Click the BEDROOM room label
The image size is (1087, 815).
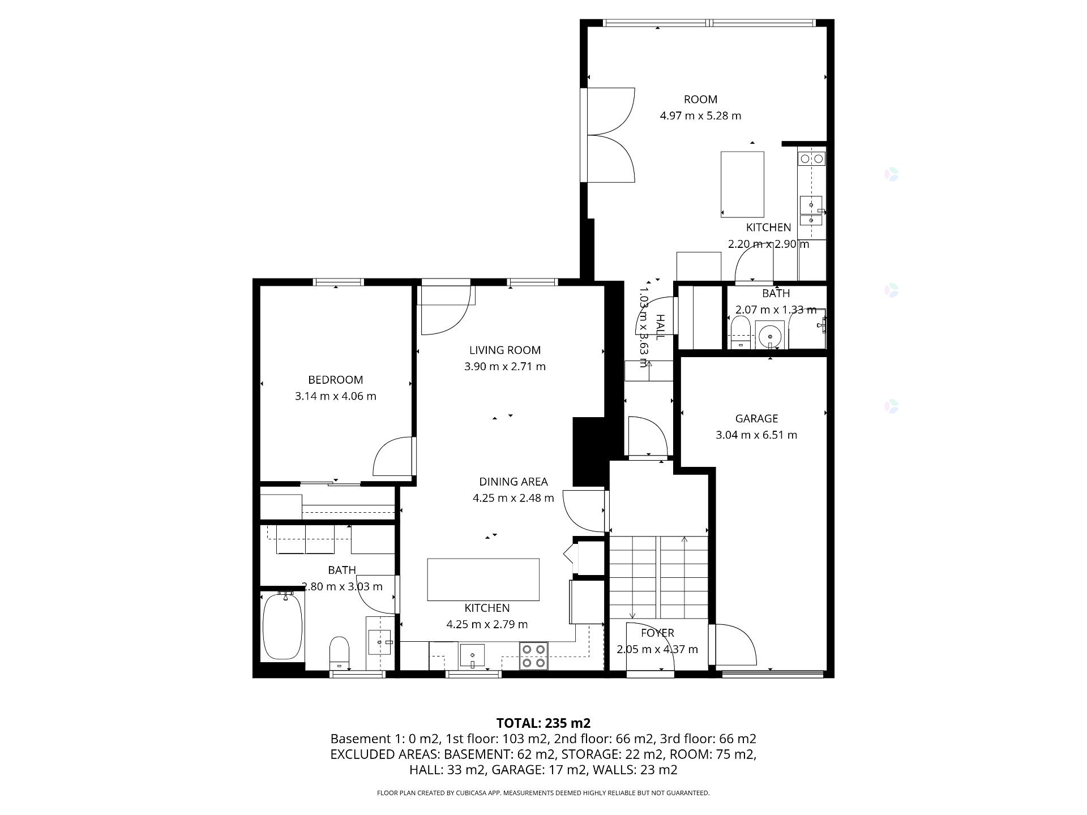click(x=335, y=380)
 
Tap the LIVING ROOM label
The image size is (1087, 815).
click(x=505, y=350)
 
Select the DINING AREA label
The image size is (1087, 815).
click(x=513, y=482)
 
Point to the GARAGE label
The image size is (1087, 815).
click(x=756, y=419)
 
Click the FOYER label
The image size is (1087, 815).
click(x=657, y=633)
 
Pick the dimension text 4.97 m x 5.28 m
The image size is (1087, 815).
click(x=700, y=115)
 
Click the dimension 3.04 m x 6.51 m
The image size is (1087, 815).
click(x=756, y=435)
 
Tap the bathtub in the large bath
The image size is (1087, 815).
click(x=283, y=625)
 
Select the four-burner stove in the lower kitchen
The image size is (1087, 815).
click(x=533, y=656)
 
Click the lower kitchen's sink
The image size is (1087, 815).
click(x=472, y=655)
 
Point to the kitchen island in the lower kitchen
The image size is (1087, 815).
click(x=483, y=580)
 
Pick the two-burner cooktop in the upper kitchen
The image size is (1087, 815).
click(x=811, y=159)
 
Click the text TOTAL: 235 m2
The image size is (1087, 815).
click(x=543, y=723)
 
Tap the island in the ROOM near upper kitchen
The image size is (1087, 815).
click(x=742, y=184)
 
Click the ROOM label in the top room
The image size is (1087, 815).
click(x=700, y=100)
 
